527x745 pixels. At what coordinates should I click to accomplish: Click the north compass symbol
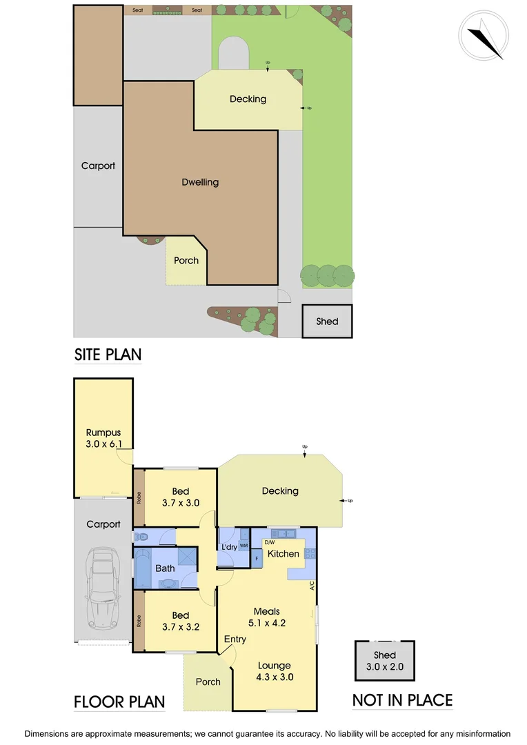484,35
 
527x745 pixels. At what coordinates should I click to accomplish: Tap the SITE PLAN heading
108,355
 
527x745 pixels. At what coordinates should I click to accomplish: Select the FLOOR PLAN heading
119,702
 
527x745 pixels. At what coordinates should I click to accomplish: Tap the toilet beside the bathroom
141,536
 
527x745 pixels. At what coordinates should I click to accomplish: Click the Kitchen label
284,554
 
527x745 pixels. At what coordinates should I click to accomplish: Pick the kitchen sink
283,533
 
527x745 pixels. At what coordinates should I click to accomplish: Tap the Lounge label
275,666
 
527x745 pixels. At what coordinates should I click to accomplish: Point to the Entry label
235,639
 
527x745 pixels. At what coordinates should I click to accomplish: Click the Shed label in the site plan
327,321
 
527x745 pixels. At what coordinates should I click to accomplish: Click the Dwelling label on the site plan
200,182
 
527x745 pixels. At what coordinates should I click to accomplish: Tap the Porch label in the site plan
186,261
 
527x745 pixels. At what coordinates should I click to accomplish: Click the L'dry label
228,547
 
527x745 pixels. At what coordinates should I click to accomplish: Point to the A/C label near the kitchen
312,586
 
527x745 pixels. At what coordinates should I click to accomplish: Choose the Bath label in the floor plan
165,568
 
